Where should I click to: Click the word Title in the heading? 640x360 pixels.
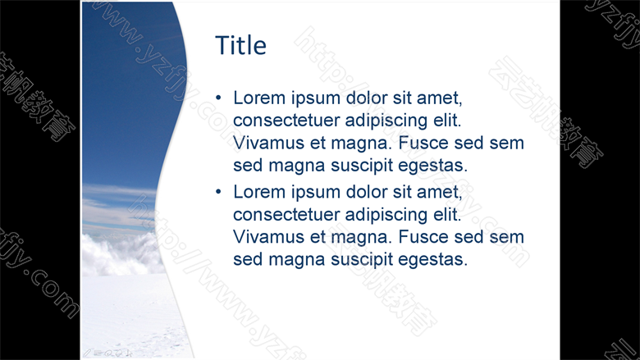[x=240, y=45]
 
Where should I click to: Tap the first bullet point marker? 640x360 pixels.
[x=218, y=98]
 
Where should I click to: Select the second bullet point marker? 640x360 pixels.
[x=218, y=192]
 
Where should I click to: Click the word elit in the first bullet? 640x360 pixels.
[x=447, y=121]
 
